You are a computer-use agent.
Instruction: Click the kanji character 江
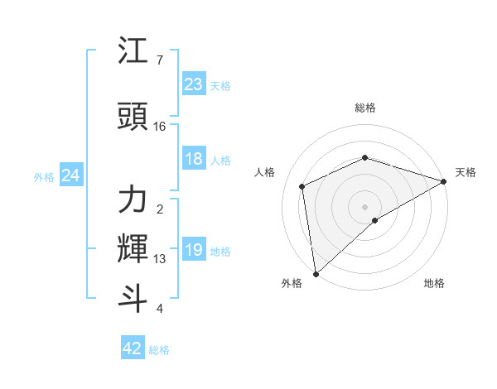coord(133,52)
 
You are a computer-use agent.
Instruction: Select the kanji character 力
coord(133,199)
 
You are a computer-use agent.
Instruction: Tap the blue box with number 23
coord(194,84)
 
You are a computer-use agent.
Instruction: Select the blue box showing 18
coord(194,159)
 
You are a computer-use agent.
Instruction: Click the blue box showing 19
coord(194,250)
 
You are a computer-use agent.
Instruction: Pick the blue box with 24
coord(71,175)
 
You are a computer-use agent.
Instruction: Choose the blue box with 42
coord(133,348)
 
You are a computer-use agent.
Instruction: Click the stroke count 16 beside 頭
coord(160,127)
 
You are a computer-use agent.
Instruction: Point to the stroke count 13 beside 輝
coord(160,259)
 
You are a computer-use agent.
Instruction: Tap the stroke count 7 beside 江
coord(159,61)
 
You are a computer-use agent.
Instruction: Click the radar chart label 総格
coord(364,108)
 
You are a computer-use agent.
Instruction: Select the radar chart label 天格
coord(466,172)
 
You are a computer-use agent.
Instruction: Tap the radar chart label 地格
coord(434,283)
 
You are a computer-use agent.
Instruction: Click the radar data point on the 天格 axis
coord(443,181)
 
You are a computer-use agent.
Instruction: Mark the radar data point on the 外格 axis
coord(316,273)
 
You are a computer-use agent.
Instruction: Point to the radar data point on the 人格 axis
coord(302,186)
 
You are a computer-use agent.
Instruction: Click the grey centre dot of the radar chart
coord(364,206)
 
